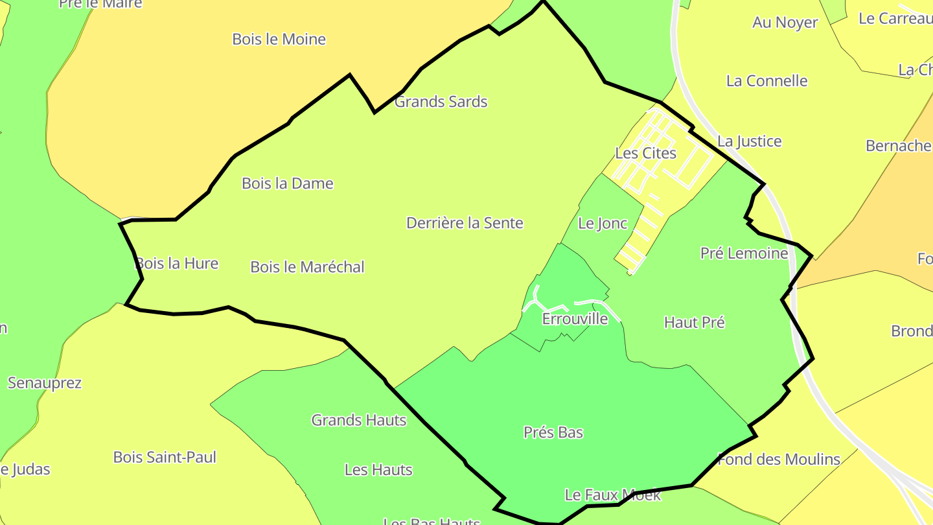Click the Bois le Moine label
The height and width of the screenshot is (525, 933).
click(279, 40)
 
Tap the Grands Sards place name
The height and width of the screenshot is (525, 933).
click(441, 102)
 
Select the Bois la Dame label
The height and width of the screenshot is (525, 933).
click(288, 183)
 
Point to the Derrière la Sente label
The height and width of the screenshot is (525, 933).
click(465, 223)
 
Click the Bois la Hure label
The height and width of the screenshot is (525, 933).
click(177, 264)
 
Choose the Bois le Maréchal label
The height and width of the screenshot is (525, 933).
click(307, 267)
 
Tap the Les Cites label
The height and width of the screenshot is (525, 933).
click(645, 154)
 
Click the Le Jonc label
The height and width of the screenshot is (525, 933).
click(603, 224)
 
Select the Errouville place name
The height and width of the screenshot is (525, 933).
click(575, 319)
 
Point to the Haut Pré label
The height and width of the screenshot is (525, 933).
click(695, 322)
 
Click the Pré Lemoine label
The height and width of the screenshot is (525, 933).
click(744, 253)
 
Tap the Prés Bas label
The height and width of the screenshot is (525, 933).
click(553, 432)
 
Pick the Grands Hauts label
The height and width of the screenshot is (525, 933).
click(359, 420)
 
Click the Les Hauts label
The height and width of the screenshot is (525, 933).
click(378, 470)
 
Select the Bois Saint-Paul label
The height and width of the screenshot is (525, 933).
click(165, 457)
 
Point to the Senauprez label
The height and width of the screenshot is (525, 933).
click(45, 383)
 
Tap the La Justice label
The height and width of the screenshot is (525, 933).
click(750, 141)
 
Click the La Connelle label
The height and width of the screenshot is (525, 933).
click(767, 81)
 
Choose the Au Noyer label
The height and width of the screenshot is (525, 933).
click(785, 23)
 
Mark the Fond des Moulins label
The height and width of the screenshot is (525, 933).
click(779, 460)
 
